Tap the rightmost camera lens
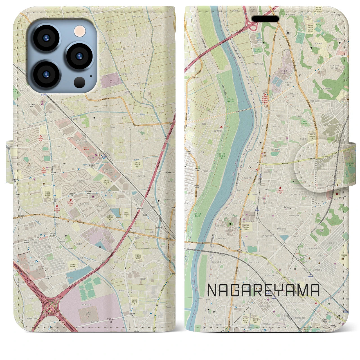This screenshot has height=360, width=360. (79, 56)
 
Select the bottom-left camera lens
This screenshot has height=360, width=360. (46, 74)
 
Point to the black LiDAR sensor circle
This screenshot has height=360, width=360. (80, 82)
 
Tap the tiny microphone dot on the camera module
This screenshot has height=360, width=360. (91, 76)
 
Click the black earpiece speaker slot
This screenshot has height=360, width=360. (265, 19)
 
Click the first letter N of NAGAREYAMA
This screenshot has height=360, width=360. (212, 291)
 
